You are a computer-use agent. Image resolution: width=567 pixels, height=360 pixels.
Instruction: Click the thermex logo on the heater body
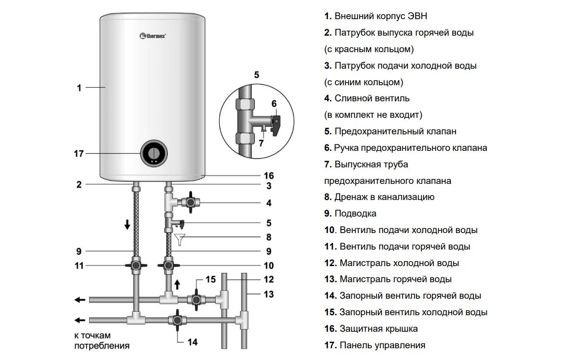point(153,35)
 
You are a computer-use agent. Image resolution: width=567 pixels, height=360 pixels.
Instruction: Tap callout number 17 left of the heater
point(79,153)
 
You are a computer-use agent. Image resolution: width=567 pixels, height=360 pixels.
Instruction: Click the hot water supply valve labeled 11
point(136,265)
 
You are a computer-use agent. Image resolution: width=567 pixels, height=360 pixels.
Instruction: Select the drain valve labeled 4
point(190,203)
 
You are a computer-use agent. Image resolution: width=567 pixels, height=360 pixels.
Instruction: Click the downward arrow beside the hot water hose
point(127,225)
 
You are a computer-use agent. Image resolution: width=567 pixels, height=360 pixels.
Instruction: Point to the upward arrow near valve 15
point(177,284)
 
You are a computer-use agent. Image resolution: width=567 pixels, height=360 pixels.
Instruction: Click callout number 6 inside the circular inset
point(273,103)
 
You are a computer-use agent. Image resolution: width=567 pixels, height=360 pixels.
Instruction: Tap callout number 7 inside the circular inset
point(261,142)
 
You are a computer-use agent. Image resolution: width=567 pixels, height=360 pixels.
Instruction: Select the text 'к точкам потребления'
point(102,341)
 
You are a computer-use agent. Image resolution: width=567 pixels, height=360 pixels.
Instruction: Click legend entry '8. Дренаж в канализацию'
point(379,197)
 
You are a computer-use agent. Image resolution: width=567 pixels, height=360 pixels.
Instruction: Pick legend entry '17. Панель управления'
point(374,345)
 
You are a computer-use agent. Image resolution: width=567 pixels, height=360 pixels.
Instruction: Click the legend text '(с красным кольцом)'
point(369,49)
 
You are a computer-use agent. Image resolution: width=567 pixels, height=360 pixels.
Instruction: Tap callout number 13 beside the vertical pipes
point(269,294)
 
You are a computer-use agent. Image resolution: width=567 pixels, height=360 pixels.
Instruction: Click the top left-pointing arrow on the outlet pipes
point(80,300)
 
